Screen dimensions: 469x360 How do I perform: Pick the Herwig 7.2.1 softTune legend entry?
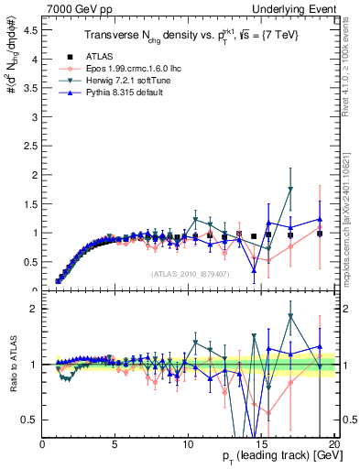pos(108,80)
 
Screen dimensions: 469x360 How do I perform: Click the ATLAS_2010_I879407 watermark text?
pos(189,274)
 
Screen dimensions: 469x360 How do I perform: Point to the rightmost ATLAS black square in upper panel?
pos(319,234)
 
